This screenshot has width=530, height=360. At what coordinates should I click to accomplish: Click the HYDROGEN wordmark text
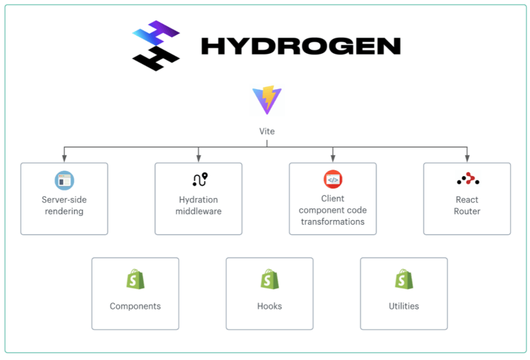301,47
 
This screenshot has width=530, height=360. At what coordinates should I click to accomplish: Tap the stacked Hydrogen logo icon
156,45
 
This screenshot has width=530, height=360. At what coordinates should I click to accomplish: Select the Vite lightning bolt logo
267,100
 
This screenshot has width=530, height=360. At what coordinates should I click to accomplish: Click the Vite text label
267,131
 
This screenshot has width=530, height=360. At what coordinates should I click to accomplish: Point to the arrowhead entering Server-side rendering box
64,158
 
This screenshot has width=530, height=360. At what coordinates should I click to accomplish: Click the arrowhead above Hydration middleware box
199,158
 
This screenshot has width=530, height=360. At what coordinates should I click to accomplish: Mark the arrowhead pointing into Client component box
333,158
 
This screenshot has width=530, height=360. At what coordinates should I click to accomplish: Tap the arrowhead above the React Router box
467,158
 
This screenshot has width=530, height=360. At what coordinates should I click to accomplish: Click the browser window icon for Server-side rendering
64,180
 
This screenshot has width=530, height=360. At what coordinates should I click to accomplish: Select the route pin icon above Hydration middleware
200,180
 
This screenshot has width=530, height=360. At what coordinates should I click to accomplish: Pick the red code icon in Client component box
333,180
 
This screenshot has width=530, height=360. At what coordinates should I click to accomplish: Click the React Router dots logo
468,179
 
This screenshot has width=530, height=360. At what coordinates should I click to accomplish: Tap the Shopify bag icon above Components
135,279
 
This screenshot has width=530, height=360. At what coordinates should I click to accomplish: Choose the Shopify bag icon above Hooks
269,279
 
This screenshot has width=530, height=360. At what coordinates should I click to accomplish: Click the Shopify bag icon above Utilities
404,279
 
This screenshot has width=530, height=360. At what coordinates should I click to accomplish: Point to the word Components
135,306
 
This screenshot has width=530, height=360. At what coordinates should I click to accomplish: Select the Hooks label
269,306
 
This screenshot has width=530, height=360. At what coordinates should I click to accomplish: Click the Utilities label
404,306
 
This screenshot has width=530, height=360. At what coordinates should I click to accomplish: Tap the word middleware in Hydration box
199,211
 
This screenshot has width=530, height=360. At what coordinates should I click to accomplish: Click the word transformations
333,221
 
